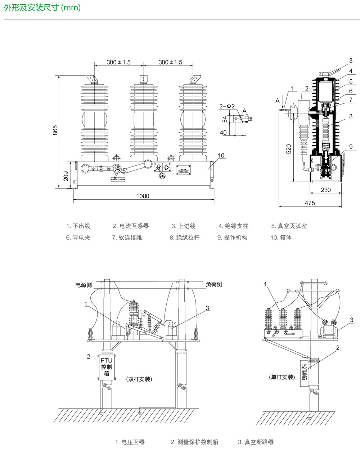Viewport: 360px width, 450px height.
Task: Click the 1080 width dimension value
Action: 143,196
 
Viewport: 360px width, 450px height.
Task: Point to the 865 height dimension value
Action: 55,130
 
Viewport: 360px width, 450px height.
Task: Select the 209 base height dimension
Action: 66,175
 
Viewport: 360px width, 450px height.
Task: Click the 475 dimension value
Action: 310,203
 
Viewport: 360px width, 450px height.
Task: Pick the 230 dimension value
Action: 325,190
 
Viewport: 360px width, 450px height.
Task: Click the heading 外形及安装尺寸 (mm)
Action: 42,8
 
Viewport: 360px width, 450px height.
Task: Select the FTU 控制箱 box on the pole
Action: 106,367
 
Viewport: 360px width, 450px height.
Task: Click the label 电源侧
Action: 84,285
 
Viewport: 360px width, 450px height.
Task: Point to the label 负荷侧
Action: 214,284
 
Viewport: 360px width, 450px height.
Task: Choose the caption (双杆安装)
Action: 139,379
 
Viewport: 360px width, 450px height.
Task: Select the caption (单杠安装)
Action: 282,377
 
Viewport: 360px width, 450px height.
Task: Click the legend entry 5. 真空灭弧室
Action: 289,226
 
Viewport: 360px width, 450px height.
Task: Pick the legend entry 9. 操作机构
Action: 232,238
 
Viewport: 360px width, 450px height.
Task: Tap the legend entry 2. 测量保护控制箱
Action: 194,442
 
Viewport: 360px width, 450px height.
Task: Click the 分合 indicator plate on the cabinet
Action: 162,167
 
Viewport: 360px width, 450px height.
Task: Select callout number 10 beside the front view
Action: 221,156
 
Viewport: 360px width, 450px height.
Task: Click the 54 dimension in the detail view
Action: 225,119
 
